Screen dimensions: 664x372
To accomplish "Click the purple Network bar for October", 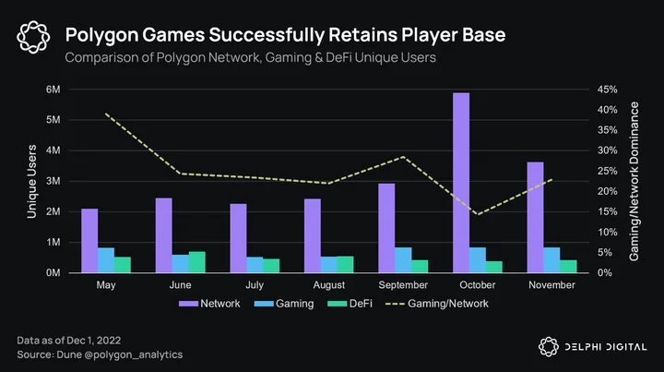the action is tap(461, 183).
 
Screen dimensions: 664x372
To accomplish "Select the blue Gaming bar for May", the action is tap(106, 260).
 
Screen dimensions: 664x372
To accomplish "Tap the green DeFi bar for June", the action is tap(197, 262).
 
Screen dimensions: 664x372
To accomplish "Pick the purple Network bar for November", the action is tap(535, 217).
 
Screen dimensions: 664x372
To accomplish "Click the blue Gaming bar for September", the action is tap(403, 260).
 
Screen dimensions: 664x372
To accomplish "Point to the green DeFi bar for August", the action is tap(346, 264).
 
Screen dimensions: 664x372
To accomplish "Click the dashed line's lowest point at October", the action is tap(478, 214).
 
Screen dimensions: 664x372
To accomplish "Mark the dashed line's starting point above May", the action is tap(105, 114).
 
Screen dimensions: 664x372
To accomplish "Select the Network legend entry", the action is tap(209, 304).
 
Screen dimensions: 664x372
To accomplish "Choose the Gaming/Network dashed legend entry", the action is tap(436, 304).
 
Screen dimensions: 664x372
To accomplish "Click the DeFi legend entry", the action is tap(350, 304).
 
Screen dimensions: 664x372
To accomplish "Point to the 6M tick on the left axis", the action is tap(53, 90).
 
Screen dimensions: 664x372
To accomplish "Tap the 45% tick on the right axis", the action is tap(607, 90).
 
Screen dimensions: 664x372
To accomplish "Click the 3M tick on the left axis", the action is tap(53, 181).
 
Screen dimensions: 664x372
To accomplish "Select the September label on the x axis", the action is tap(403, 285).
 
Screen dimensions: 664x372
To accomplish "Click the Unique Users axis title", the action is tap(31, 181).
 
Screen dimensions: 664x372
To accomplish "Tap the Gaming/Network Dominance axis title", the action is tap(634, 181).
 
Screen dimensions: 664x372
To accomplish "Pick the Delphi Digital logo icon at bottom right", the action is tap(549, 347).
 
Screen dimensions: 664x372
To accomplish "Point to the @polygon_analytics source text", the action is tap(134, 355).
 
